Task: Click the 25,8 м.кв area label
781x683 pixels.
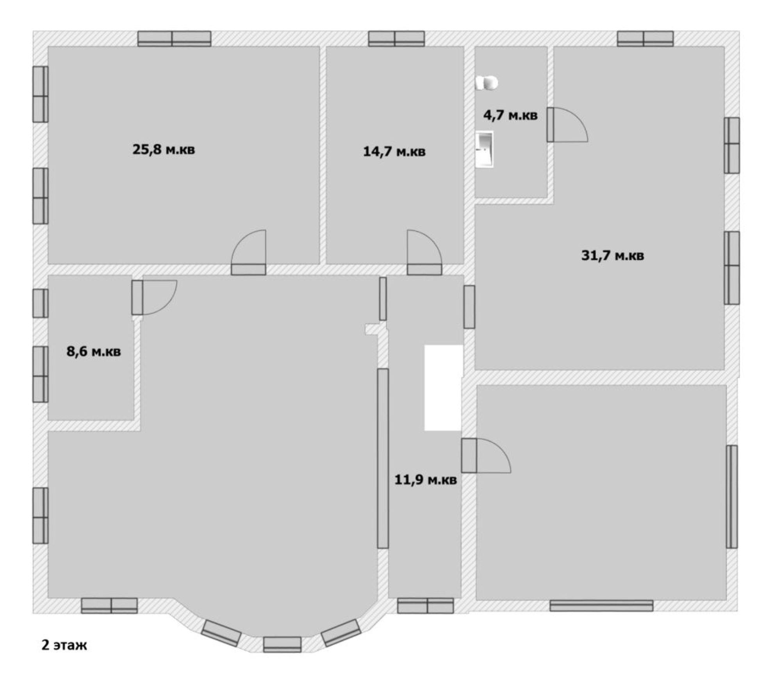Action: tap(164, 149)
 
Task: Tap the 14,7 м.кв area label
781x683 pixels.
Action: tap(394, 151)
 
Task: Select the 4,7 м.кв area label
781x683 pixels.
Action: tap(510, 116)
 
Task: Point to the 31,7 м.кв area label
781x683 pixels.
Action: tap(613, 256)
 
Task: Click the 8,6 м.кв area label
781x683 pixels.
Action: tap(94, 352)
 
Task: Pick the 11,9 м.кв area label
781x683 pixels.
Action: tap(425, 480)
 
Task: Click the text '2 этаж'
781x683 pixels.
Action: tap(64, 645)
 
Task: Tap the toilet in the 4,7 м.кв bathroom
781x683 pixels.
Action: tap(487, 83)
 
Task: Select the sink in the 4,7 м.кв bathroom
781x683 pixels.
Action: tap(484, 149)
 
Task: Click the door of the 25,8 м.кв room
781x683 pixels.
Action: tap(249, 253)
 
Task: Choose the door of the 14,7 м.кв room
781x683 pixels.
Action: tap(424, 253)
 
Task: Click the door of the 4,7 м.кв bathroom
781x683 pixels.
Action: tap(567, 125)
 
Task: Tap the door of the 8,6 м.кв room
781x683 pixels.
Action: tap(154, 297)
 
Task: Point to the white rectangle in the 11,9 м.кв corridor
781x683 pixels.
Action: tap(444, 388)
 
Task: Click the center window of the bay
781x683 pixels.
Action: tap(282, 645)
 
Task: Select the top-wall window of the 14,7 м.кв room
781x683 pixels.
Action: tap(396, 39)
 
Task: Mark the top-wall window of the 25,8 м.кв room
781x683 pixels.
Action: tap(174, 39)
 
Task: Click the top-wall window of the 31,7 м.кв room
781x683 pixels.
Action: tap(645, 39)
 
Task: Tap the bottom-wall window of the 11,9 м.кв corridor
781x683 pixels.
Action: tap(426, 606)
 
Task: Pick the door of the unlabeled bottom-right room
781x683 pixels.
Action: tap(486, 456)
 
